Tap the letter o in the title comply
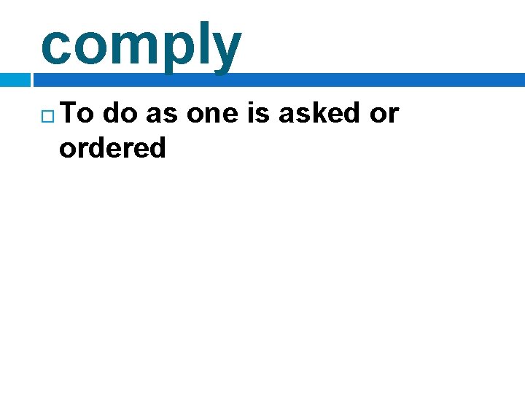91,46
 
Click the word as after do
161,115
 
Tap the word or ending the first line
384,115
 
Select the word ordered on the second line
112,147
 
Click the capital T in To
71,113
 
